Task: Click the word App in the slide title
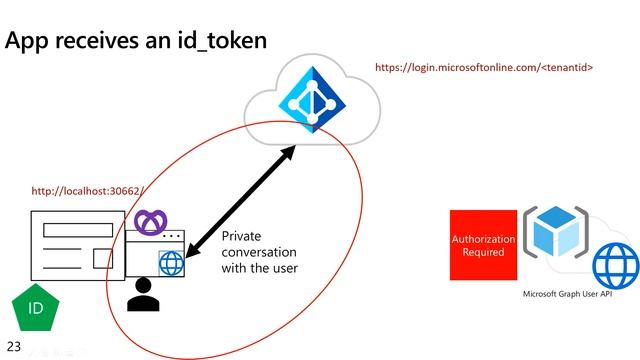click(26, 42)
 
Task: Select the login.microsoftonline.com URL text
click(484, 67)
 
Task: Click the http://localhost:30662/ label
click(88, 190)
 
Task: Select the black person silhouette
click(144, 294)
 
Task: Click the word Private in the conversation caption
click(241, 236)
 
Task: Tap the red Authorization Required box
click(483, 246)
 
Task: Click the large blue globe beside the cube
click(615, 266)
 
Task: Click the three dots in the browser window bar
click(172, 236)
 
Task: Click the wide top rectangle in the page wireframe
click(78, 228)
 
